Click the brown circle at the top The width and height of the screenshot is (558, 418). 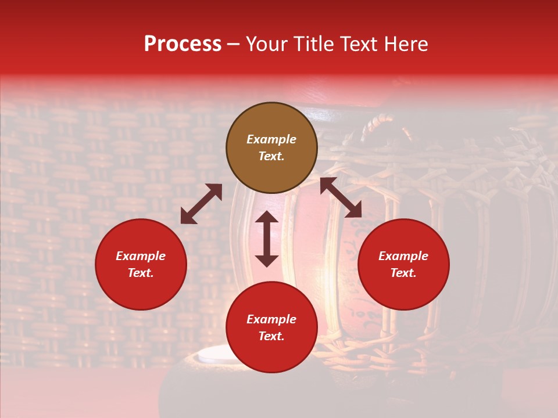pyautogui.click(x=271, y=147)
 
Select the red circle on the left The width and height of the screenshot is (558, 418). pyautogui.click(x=141, y=264)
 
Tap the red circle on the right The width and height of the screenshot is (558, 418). pyautogui.click(x=403, y=264)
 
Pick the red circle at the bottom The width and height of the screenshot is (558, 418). pyautogui.click(x=271, y=327)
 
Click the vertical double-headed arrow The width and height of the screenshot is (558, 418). pyautogui.click(x=267, y=239)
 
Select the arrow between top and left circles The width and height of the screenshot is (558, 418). pyautogui.click(x=201, y=204)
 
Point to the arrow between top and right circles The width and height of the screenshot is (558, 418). pyautogui.click(x=341, y=197)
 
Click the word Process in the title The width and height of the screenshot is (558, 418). pyautogui.click(x=183, y=44)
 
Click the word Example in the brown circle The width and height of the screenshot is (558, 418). pyautogui.click(x=271, y=139)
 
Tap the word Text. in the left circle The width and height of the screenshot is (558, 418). pyautogui.click(x=141, y=273)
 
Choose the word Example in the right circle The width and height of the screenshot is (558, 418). pyautogui.click(x=403, y=256)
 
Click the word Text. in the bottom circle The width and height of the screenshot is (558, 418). pyautogui.click(x=271, y=336)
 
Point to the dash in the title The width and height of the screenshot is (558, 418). pyautogui.click(x=233, y=45)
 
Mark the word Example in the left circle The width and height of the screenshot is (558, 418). pyautogui.click(x=141, y=256)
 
